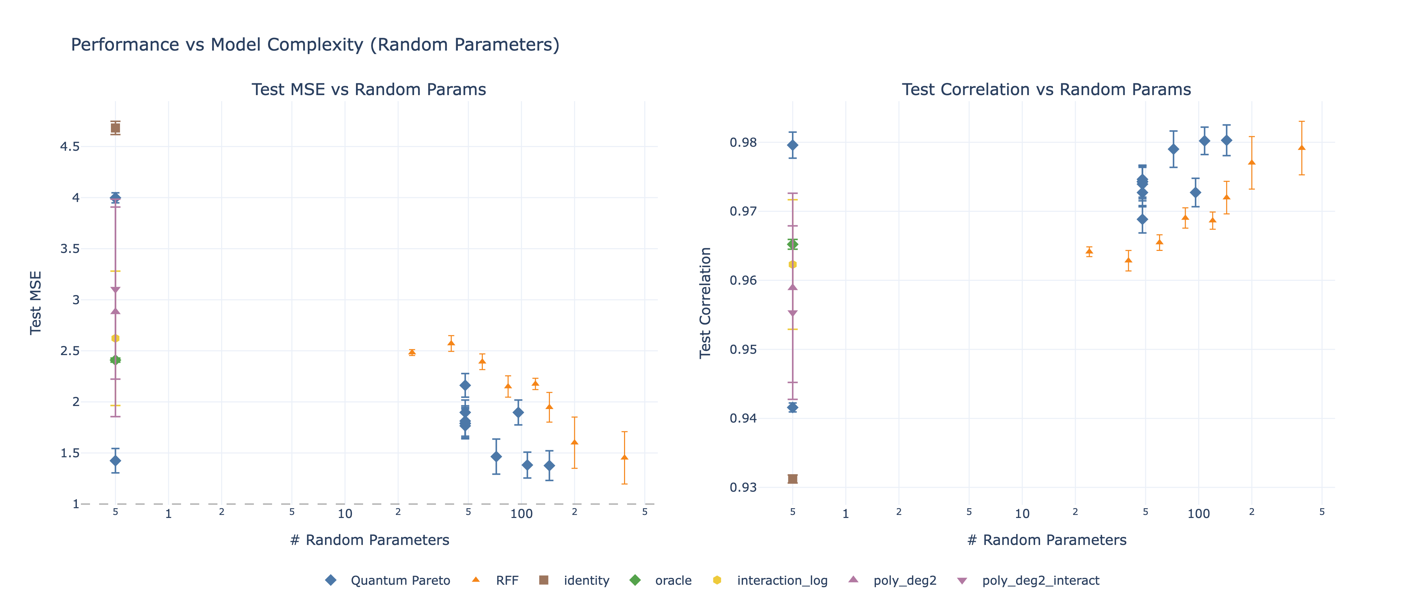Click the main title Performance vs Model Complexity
pyautogui.click(x=315, y=45)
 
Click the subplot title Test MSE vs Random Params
pyautogui.click(x=369, y=90)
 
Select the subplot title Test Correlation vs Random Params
pyautogui.click(x=1046, y=90)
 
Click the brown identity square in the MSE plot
pyautogui.click(x=115, y=128)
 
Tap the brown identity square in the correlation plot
pyautogui.click(x=793, y=479)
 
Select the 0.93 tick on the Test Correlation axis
pyautogui.click(x=743, y=488)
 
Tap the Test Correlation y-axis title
pyautogui.click(x=705, y=302)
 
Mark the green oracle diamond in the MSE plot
pyautogui.click(x=115, y=360)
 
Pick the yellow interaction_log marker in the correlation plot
pyautogui.click(x=793, y=264)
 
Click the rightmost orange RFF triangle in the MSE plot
pyautogui.click(x=624, y=457)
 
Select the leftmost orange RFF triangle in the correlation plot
pyautogui.click(x=1089, y=251)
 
